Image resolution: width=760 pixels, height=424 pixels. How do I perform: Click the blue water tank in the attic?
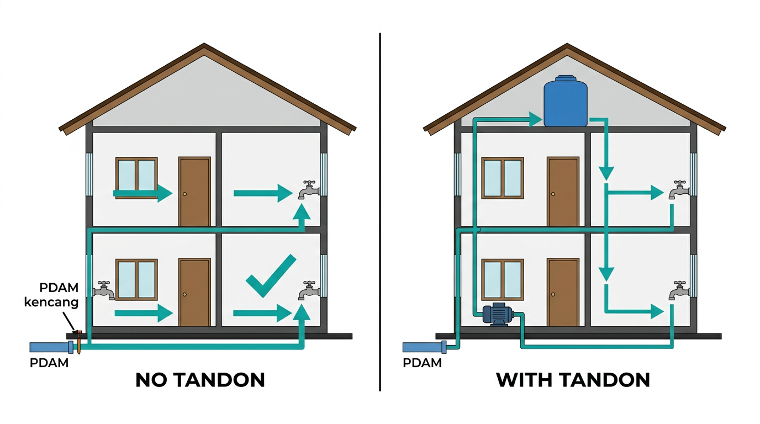click(565, 101)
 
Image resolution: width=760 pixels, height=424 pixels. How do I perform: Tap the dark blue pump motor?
click(498, 315)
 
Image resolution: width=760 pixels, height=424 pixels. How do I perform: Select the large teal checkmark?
click(271, 275)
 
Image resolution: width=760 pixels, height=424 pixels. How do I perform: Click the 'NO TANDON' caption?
click(200, 380)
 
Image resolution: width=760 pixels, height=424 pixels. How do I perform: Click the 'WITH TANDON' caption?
click(573, 380)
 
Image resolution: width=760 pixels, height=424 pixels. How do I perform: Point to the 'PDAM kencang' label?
click(51, 295)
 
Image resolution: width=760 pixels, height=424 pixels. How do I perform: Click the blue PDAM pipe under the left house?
click(51, 347)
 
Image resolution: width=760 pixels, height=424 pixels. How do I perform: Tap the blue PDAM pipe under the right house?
click(424, 347)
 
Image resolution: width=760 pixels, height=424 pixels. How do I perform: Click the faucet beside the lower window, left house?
click(104, 290)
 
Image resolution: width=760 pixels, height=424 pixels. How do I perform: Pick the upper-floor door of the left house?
click(195, 192)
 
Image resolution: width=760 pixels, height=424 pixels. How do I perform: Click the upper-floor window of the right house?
click(503, 178)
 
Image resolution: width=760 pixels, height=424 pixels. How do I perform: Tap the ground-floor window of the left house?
click(136, 280)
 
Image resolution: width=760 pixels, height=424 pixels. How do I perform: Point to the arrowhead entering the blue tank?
click(536, 119)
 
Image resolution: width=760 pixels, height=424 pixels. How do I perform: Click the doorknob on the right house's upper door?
click(553, 194)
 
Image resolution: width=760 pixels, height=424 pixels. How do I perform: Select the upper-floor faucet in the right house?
click(679, 189)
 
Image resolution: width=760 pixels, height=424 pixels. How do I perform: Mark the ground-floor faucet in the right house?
click(679, 290)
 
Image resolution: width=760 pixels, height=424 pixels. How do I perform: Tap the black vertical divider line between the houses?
click(380, 212)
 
